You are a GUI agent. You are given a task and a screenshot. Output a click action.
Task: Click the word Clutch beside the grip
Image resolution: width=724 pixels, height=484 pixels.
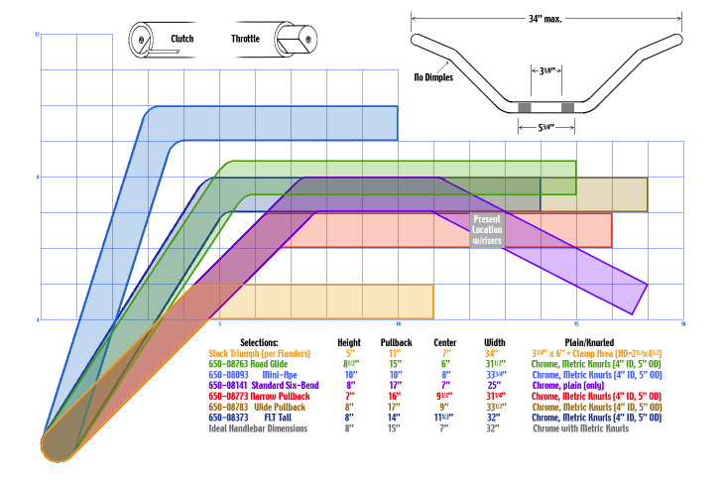point(181,40)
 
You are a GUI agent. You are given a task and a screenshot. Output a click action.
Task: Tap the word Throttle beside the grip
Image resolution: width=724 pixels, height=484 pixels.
point(246,40)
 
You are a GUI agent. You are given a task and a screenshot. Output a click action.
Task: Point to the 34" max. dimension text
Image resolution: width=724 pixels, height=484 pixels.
point(546,17)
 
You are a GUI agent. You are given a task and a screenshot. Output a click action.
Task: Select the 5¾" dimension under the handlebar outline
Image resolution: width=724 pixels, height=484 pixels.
point(546,126)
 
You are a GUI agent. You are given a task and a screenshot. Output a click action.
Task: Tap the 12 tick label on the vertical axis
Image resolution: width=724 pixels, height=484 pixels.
point(37,35)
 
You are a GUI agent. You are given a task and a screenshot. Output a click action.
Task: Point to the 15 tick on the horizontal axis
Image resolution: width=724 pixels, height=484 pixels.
point(576,324)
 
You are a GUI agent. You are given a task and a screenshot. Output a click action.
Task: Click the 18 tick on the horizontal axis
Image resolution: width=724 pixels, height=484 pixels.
point(683,324)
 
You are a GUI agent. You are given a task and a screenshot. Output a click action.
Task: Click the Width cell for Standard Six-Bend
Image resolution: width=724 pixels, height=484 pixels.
point(495,386)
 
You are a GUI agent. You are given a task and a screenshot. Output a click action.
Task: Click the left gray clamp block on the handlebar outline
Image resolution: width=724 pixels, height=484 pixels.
point(526,106)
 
